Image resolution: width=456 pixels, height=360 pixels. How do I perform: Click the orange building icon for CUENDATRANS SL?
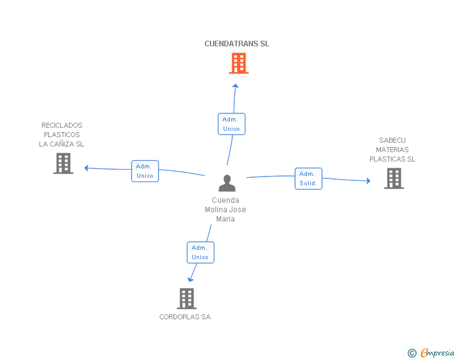[239, 63]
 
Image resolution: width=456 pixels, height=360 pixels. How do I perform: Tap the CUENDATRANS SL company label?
[237, 44]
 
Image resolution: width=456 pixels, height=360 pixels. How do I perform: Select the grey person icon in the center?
[227, 183]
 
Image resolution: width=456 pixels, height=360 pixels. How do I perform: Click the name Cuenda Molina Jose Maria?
[225, 209]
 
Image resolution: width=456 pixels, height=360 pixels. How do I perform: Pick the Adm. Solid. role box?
[308, 178]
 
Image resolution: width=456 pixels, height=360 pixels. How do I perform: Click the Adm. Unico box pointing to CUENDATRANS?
[232, 124]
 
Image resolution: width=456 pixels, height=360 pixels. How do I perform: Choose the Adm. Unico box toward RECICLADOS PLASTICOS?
[145, 171]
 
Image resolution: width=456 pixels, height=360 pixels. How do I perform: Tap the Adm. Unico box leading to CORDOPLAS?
[200, 252]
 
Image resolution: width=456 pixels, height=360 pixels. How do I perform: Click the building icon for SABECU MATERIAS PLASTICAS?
[394, 178]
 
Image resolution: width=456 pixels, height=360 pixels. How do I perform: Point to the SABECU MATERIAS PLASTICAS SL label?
[392, 150]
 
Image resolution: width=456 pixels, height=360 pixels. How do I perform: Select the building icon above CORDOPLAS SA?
[187, 299]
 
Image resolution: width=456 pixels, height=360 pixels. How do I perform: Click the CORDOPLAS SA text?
[185, 317]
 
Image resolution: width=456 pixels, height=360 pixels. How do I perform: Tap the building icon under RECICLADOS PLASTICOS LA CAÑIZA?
[63, 163]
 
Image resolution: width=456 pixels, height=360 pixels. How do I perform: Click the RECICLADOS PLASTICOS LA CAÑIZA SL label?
[61, 135]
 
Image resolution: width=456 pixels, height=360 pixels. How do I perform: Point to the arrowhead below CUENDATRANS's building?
[236, 86]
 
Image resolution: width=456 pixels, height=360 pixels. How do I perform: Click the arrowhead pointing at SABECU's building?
[368, 181]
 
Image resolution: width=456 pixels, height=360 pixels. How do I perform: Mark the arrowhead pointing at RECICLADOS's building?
[86, 168]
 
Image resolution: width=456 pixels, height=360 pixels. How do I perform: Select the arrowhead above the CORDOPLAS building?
[190, 280]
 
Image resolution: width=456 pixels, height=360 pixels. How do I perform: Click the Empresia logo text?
[437, 352]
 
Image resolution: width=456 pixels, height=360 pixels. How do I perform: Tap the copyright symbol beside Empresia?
[412, 353]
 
